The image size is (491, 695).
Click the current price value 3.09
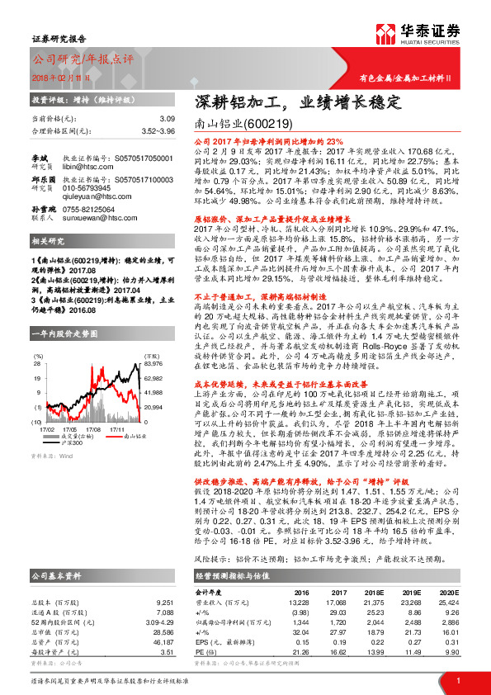point(168,119)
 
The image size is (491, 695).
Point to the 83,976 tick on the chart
point(153,363)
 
